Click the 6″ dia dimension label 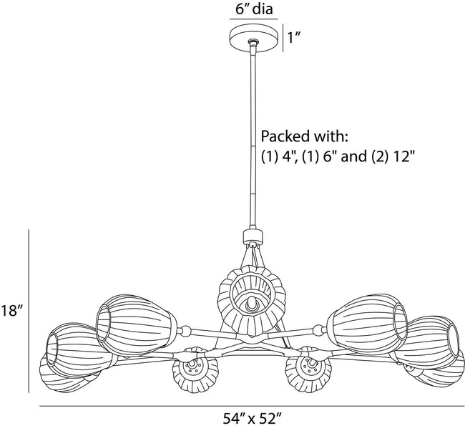[x=254, y=9]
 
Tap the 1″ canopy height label [x=294, y=38]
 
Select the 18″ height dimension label [x=11, y=311]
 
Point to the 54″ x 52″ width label [x=252, y=419]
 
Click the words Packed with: [x=304, y=136]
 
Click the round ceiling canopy [x=255, y=39]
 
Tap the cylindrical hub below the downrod [x=253, y=236]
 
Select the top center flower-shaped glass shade [x=252, y=300]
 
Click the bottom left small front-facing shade [x=196, y=370]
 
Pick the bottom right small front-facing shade [x=308, y=369]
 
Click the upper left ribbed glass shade [x=136, y=324]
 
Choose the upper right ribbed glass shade [x=367, y=324]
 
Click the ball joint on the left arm [x=186, y=331]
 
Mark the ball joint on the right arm [x=318, y=329]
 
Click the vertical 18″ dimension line [x=29, y=311]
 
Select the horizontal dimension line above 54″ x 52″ [x=252, y=407]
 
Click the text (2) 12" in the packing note [x=392, y=156]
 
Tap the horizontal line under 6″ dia [x=254, y=19]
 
